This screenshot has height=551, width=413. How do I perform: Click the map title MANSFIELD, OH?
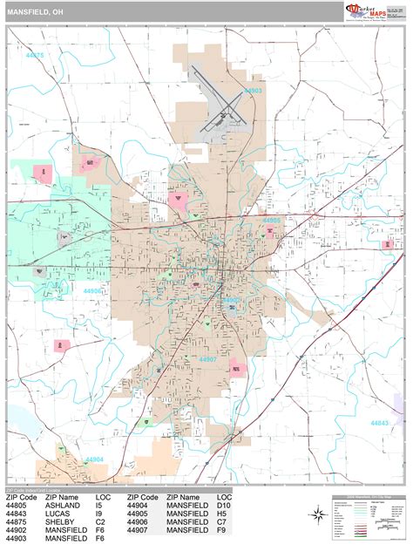(x=35, y=12)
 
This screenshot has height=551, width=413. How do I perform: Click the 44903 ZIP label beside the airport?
(x=254, y=90)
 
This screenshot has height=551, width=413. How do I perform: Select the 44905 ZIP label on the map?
(x=272, y=221)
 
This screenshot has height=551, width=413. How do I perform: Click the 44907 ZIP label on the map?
(x=207, y=335)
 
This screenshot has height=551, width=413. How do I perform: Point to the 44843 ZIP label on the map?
(x=380, y=422)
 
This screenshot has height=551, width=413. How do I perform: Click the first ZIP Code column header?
(x=23, y=496)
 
